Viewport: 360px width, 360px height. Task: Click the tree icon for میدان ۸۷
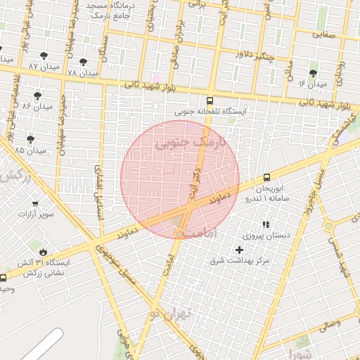tap(44, 54)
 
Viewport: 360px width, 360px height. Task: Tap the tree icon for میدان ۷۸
tap(83, 62)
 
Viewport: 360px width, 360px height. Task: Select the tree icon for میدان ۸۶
tap(37, 95)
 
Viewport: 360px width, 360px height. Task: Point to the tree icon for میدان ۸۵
tap(30, 139)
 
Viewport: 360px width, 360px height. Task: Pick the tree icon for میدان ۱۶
tap(313, 72)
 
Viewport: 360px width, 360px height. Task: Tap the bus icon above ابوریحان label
tap(266, 178)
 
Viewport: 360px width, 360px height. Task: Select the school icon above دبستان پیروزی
tap(266, 224)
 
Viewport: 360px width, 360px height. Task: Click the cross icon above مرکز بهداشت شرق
tap(240, 250)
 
